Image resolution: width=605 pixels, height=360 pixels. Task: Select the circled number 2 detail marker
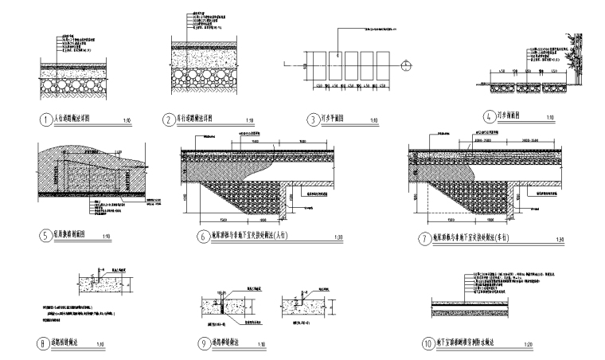(168, 119)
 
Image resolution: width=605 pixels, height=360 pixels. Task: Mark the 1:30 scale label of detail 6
(338, 237)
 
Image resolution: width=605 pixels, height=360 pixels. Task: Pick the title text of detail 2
(201, 119)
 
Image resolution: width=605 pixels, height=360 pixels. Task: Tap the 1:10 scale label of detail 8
(100, 344)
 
